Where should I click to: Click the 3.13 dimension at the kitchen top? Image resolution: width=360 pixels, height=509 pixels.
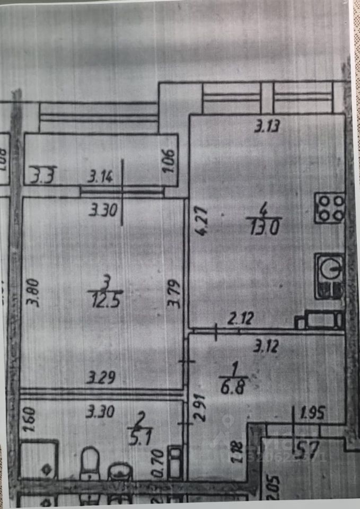(x=268, y=126)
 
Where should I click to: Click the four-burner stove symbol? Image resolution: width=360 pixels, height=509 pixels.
(x=330, y=208)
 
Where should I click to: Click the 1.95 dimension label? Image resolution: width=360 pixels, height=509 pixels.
(x=312, y=411)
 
